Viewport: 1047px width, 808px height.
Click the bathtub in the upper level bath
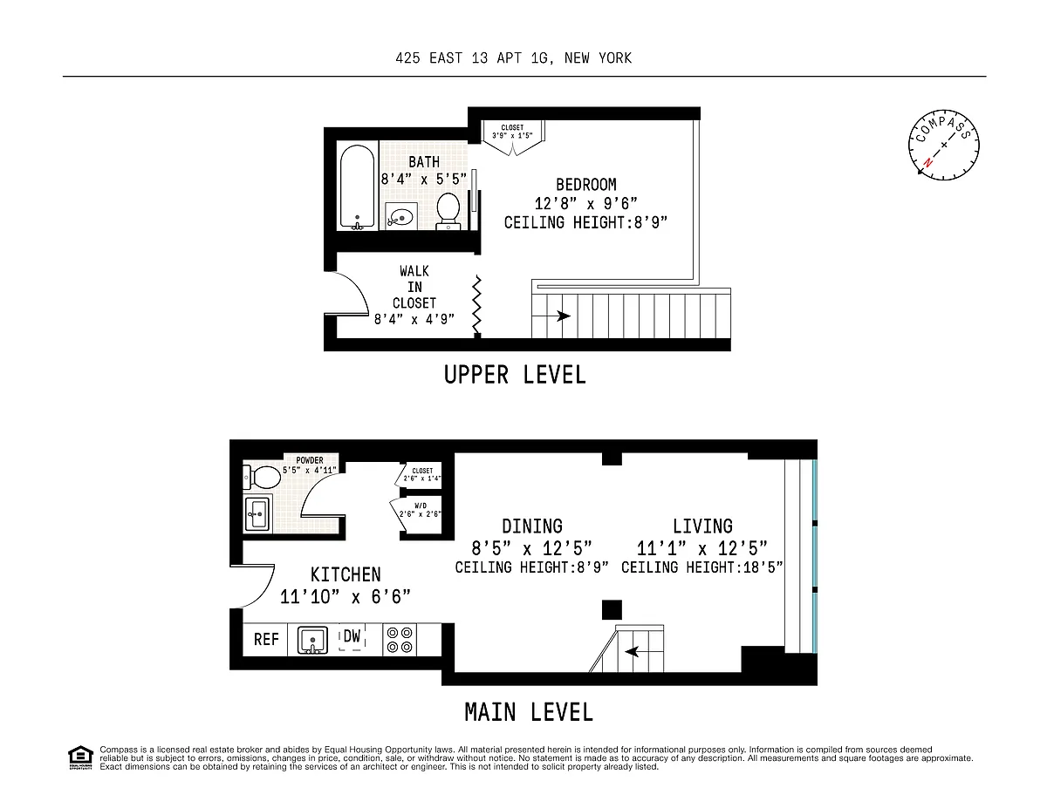tap(357, 187)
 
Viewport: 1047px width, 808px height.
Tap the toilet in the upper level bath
tap(448, 210)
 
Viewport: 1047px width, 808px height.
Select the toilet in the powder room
tap(262, 477)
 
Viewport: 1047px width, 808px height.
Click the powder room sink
tap(257, 514)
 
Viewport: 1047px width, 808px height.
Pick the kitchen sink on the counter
tap(312, 640)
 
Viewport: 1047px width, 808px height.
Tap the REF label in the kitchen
tap(266, 639)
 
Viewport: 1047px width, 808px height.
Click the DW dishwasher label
tap(352, 636)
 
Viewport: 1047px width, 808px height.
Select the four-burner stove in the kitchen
tap(400, 640)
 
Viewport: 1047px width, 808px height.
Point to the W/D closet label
tap(421, 506)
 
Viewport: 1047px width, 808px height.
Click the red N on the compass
tap(927, 162)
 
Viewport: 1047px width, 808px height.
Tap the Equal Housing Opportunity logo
tap(80, 758)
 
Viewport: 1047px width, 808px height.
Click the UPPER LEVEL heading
tap(515, 375)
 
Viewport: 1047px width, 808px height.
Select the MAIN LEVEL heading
tap(529, 712)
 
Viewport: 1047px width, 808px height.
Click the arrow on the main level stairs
tap(644, 652)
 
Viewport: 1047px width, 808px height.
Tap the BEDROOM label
tap(586, 185)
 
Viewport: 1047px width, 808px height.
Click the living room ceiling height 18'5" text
tap(702, 567)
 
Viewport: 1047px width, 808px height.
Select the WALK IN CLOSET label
tap(414, 287)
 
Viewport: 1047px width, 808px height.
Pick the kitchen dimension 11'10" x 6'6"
tap(345, 597)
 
